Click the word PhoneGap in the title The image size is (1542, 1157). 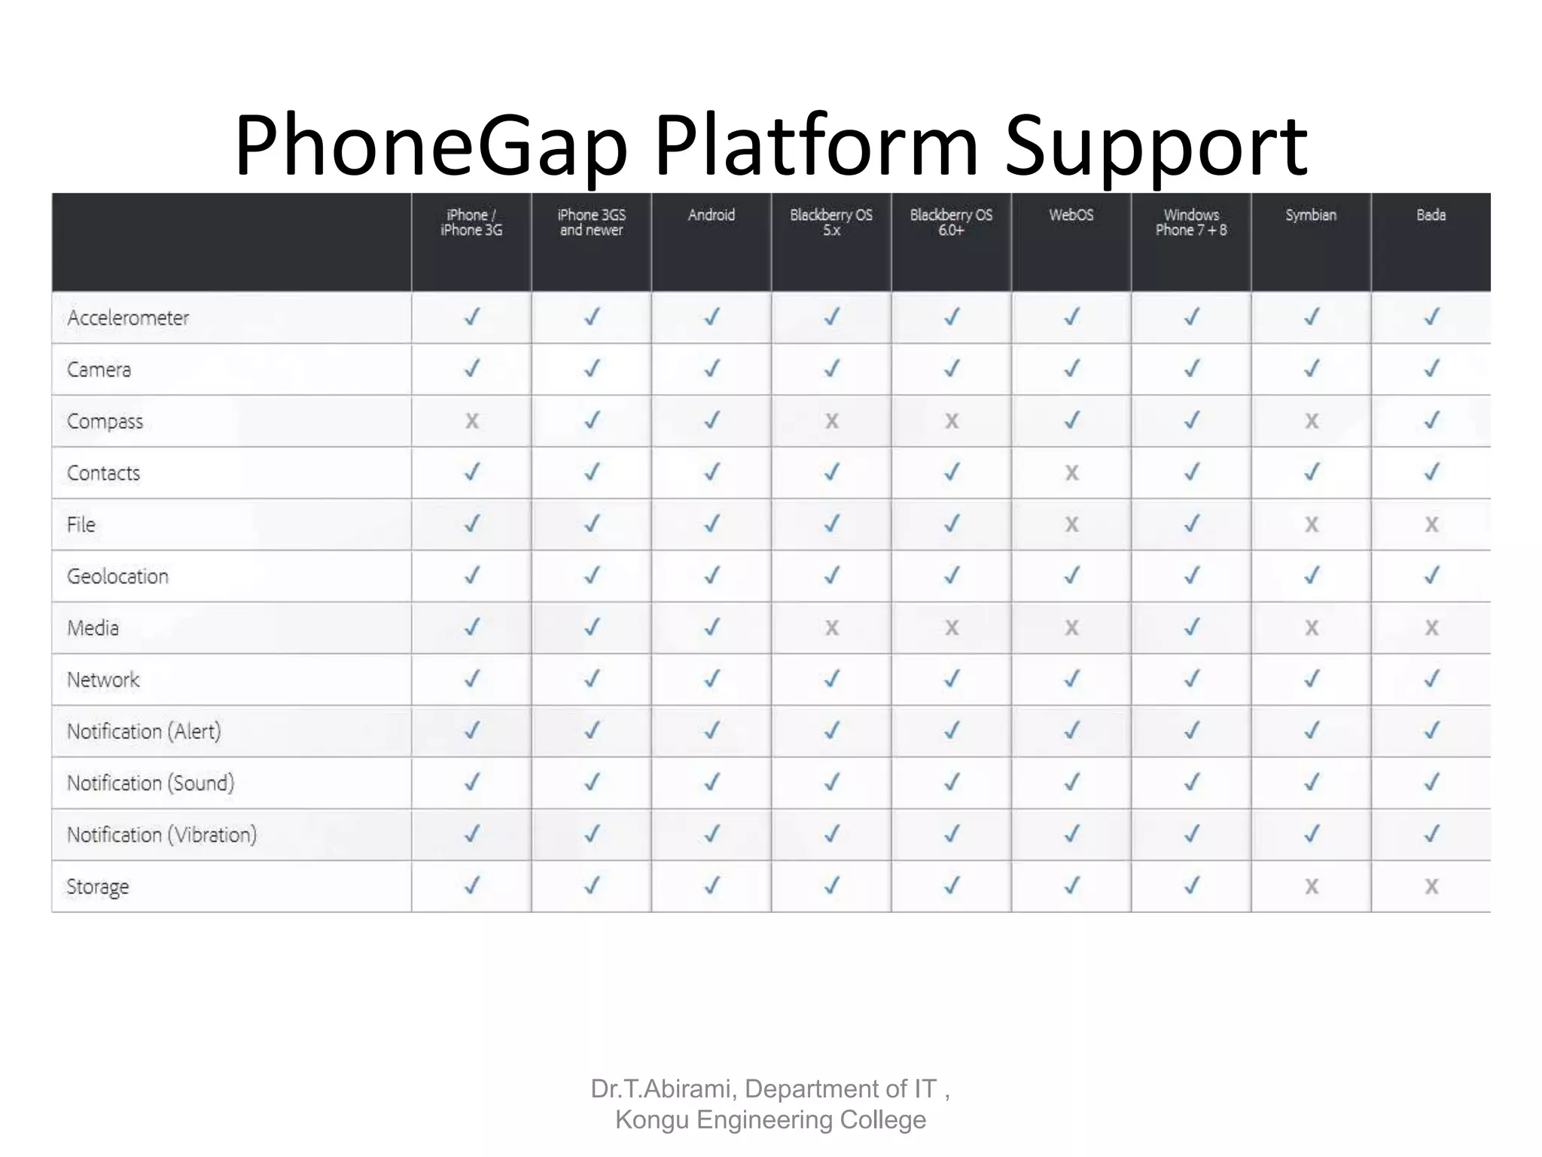click(431, 145)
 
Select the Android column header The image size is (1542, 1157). click(711, 215)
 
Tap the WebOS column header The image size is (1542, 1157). click(1071, 215)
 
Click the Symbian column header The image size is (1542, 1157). click(1311, 215)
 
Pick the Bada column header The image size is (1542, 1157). click(1431, 215)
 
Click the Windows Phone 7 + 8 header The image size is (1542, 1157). click(1191, 223)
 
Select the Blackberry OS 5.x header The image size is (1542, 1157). click(831, 223)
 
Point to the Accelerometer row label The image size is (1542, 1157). click(128, 318)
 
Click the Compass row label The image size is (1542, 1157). click(105, 421)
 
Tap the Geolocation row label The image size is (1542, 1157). click(117, 576)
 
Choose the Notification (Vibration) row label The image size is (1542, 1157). click(162, 835)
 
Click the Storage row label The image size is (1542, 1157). click(98, 887)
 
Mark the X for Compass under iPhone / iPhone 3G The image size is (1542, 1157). click(471, 421)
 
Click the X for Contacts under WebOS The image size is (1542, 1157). click(1071, 473)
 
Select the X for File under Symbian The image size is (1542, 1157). click(1312, 524)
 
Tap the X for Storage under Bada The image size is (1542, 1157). click(1431, 887)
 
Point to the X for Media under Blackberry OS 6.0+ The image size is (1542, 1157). click(952, 627)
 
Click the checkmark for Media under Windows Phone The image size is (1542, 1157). click(1191, 627)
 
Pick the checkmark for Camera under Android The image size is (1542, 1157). click(712, 368)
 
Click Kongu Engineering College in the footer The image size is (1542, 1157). click(770, 1120)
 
